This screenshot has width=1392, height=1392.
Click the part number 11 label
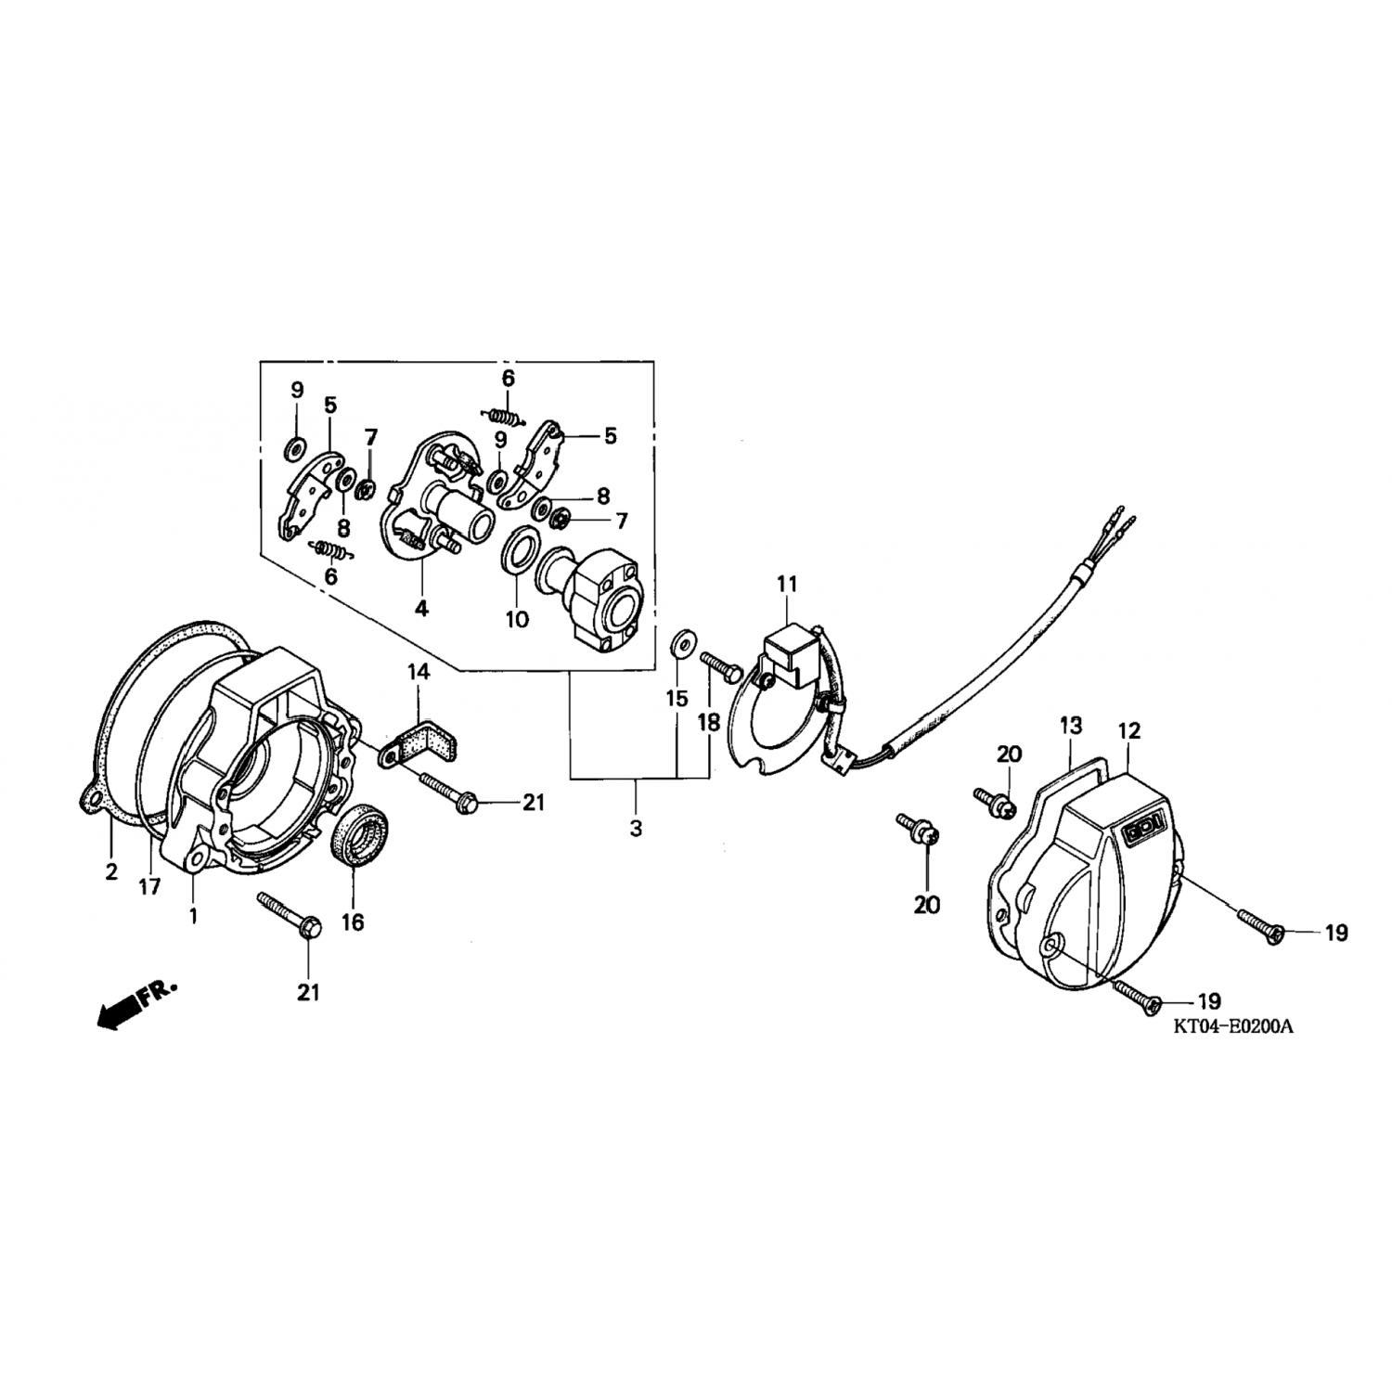pyautogui.click(x=787, y=585)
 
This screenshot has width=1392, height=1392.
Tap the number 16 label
pyautogui.click(x=353, y=922)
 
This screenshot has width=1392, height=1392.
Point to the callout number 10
pyautogui.click(x=517, y=619)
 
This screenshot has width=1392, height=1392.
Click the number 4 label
pyautogui.click(x=421, y=610)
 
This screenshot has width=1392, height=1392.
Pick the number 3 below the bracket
pyautogui.click(x=636, y=829)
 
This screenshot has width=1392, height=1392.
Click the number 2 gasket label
pyautogui.click(x=111, y=871)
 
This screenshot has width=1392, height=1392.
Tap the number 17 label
pyautogui.click(x=150, y=887)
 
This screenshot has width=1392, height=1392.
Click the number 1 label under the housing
pyautogui.click(x=193, y=916)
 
